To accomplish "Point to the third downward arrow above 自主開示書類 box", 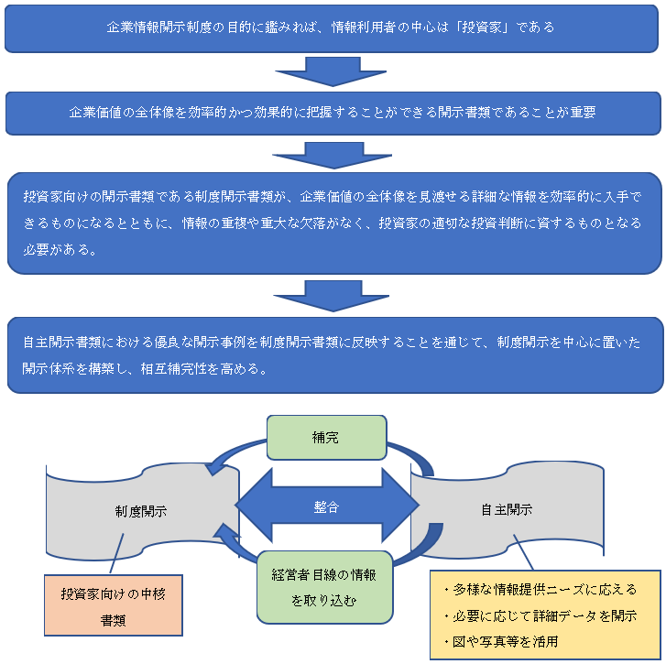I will coord(333,296).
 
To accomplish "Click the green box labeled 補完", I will coord(326,437).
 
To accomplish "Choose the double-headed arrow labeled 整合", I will coord(327,506).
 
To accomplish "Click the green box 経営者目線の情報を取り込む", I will coord(325,587).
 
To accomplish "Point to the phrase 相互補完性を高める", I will coord(212,369).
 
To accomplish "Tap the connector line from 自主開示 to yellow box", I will coord(527,552).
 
